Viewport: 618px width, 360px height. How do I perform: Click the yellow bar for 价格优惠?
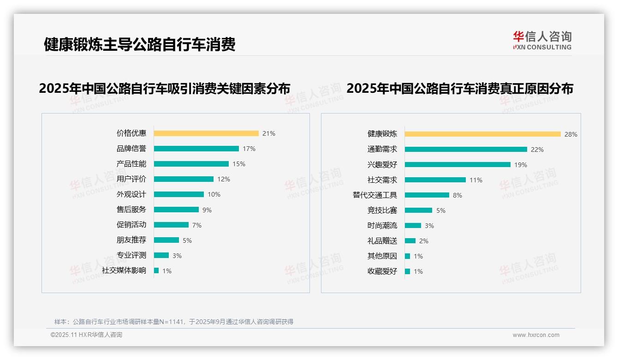[206, 133]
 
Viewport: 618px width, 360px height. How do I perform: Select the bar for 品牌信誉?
[196, 149]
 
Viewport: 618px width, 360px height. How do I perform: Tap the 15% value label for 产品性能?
[239, 164]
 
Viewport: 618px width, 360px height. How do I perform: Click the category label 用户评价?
[131, 179]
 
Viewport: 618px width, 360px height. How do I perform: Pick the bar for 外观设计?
[178, 194]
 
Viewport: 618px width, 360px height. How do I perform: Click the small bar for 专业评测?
[161, 255]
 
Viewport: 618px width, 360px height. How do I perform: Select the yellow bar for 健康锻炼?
[482, 134]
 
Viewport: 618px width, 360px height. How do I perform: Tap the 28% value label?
[570, 134]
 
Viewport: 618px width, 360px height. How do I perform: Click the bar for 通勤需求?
[466, 150]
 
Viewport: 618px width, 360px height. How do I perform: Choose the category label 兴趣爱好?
[382, 164]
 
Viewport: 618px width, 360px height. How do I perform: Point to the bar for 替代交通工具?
[427, 195]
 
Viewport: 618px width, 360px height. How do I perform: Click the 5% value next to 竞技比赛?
[440, 210]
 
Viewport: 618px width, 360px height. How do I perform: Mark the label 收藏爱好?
[382, 271]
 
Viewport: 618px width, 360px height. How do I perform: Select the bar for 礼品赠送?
[410, 241]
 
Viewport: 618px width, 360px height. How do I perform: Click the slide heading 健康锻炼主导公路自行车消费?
[139, 44]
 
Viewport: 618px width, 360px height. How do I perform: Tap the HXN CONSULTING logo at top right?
[542, 41]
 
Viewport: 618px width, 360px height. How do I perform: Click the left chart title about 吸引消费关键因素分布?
[165, 89]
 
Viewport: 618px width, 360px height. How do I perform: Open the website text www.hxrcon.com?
[536, 335]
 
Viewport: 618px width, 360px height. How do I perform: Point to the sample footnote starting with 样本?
[174, 322]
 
